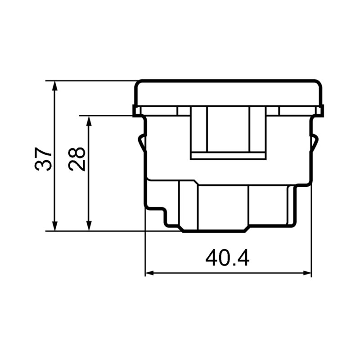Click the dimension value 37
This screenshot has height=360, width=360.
42,159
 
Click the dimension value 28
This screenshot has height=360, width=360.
76,159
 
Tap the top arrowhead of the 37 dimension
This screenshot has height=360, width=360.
54,85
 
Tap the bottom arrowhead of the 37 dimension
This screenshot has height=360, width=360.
54,226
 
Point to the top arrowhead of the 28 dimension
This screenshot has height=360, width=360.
89,121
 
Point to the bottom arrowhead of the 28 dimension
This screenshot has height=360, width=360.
89,226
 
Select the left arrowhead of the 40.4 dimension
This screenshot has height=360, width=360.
150,273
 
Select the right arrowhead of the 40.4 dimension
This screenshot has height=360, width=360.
307,273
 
